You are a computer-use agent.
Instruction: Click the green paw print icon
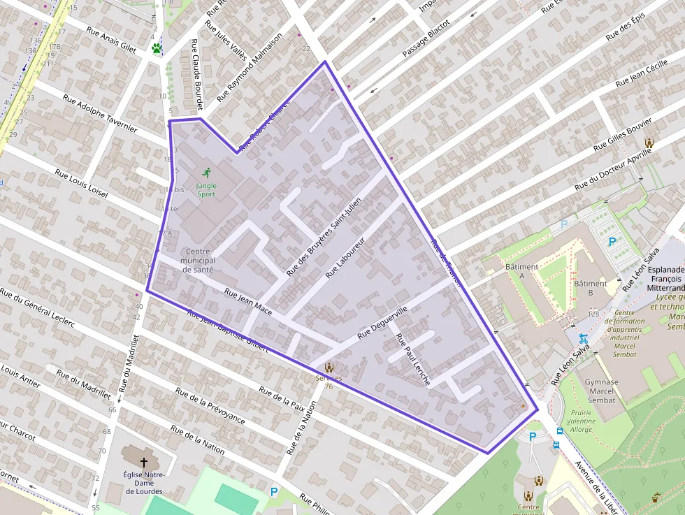pyautogui.click(x=157, y=49)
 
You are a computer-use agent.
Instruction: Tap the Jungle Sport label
pyautogui.click(x=206, y=189)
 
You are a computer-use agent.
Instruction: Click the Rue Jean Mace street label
pyautogui.click(x=248, y=299)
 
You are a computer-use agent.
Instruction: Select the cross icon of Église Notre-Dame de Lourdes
pyautogui.click(x=144, y=463)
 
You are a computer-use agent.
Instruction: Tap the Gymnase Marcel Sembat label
pyautogui.click(x=601, y=391)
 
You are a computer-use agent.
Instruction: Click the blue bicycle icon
pyautogui.click(x=583, y=339)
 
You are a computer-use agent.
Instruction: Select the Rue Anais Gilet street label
pyautogui.click(x=111, y=40)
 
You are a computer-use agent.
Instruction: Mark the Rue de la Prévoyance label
pyautogui.click(x=210, y=406)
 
